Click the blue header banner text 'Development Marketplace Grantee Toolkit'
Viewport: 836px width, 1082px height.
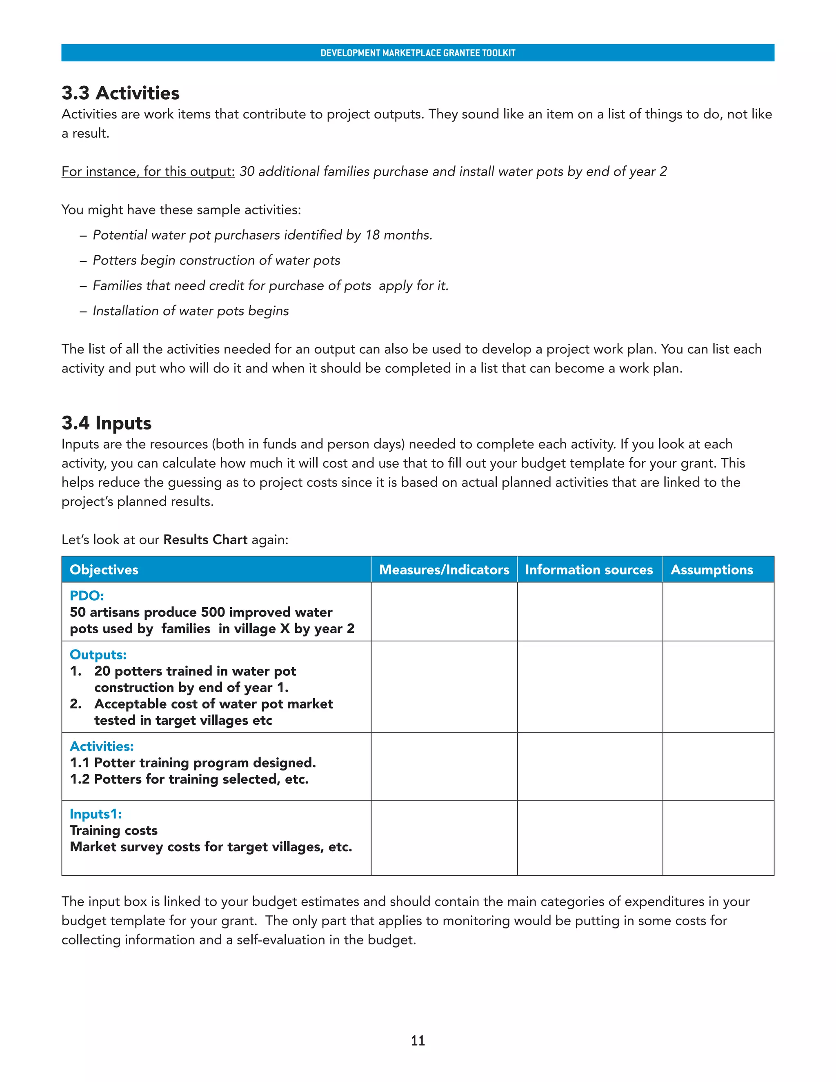tap(418, 53)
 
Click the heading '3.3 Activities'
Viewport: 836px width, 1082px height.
tap(120, 93)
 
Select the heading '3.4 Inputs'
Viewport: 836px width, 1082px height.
tap(107, 423)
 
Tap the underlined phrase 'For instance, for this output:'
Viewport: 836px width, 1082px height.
tap(148, 171)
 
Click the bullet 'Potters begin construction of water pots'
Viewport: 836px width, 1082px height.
tap(216, 260)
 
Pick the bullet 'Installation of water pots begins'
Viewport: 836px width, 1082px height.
tap(191, 311)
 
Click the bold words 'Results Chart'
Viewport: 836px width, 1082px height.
tap(205, 539)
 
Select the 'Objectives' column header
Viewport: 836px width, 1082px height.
tap(104, 570)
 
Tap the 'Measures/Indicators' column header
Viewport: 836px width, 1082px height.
tap(444, 570)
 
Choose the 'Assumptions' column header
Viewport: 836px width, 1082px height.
tap(711, 570)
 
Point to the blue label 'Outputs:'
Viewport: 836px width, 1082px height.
tap(98, 655)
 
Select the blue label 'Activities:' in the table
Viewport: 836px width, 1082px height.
tap(102, 746)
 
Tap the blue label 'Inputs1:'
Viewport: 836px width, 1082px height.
tap(96, 814)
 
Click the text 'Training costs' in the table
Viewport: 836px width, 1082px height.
tap(113, 830)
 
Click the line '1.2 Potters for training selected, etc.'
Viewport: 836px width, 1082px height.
tap(189, 779)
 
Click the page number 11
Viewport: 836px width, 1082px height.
tap(418, 1040)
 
